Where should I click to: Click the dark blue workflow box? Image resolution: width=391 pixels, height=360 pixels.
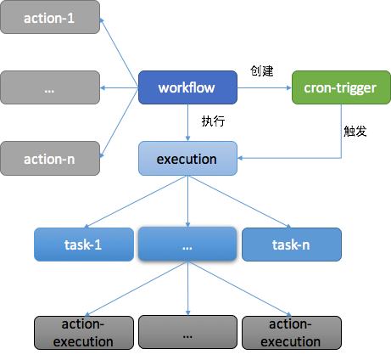tap(186, 87)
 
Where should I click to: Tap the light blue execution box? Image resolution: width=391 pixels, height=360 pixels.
tap(187, 159)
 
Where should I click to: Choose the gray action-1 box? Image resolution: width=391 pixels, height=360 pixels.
tap(50, 18)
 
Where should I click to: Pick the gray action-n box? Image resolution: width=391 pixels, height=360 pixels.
tap(50, 158)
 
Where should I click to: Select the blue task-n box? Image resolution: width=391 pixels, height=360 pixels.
tap(291, 244)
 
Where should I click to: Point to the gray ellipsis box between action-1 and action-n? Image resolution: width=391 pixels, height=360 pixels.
tap(50, 87)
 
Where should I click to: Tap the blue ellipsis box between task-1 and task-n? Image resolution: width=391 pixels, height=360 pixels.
tap(187, 244)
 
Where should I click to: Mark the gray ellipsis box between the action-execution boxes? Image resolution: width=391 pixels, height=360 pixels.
tap(187, 332)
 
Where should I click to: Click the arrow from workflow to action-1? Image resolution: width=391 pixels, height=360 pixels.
tap(120, 53)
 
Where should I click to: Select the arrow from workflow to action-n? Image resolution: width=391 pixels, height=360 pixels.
tap(120, 122)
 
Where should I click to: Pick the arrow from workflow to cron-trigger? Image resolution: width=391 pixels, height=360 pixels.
tap(263, 87)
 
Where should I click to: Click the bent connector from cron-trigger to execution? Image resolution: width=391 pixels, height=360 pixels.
tap(342, 136)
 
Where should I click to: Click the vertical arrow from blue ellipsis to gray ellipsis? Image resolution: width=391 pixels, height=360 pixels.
tap(187, 288)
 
